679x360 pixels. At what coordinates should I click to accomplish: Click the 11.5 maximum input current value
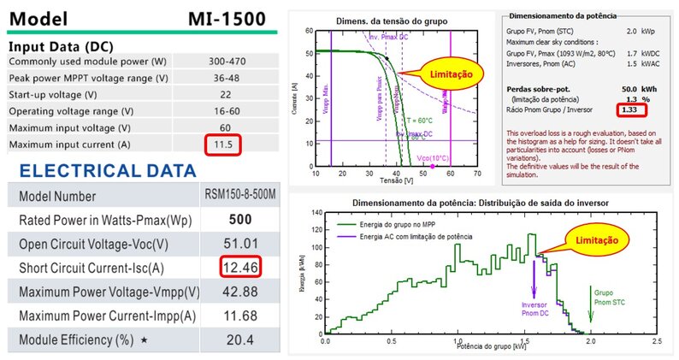pos(224,145)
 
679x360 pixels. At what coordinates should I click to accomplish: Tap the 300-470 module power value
pos(225,62)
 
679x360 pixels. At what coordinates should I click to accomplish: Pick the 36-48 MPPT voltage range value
pos(225,79)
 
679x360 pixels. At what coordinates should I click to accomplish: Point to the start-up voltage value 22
pos(225,95)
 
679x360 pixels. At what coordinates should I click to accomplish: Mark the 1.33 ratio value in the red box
pos(630,109)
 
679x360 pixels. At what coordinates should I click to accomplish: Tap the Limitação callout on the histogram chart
pos(599,241)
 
